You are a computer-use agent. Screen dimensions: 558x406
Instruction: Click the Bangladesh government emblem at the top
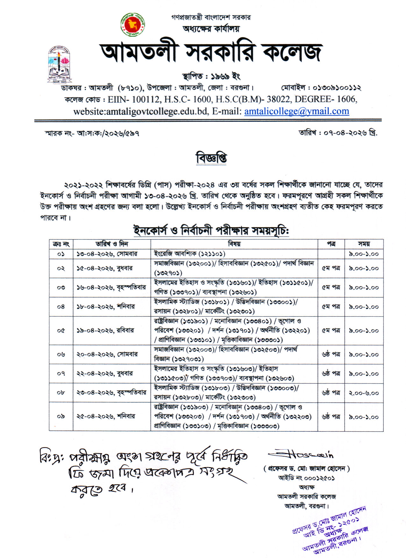click(x=132, y=25)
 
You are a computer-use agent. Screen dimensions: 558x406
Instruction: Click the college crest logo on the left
click(x=60, y=65)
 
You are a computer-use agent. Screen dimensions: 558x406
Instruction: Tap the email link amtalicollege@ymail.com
click(x=296, y=111)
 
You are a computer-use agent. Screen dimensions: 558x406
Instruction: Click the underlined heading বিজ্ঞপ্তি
click(x=211, y=158)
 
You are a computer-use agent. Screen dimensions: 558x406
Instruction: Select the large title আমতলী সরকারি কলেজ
click(x=211, y=52)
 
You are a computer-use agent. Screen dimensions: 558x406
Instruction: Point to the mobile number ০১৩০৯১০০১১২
click(x=337, y=87)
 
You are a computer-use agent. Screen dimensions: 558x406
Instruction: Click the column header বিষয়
click(x=234, y=244)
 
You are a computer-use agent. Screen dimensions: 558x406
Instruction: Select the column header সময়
click(x=364, y=244)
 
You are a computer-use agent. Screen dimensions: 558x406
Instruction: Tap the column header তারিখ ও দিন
click(x=112, y=244)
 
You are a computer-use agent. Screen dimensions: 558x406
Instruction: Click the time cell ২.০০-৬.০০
click(x=364, y=393)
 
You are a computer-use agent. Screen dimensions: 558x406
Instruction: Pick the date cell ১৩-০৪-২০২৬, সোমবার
click(x=107, y=254)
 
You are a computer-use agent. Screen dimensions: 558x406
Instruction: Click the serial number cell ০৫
click(x=61, y=330)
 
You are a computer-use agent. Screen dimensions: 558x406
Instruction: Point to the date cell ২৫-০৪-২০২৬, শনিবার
click(x=106, y=416)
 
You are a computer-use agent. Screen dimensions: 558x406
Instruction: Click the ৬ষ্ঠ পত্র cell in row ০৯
click(x=331, y=416)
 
